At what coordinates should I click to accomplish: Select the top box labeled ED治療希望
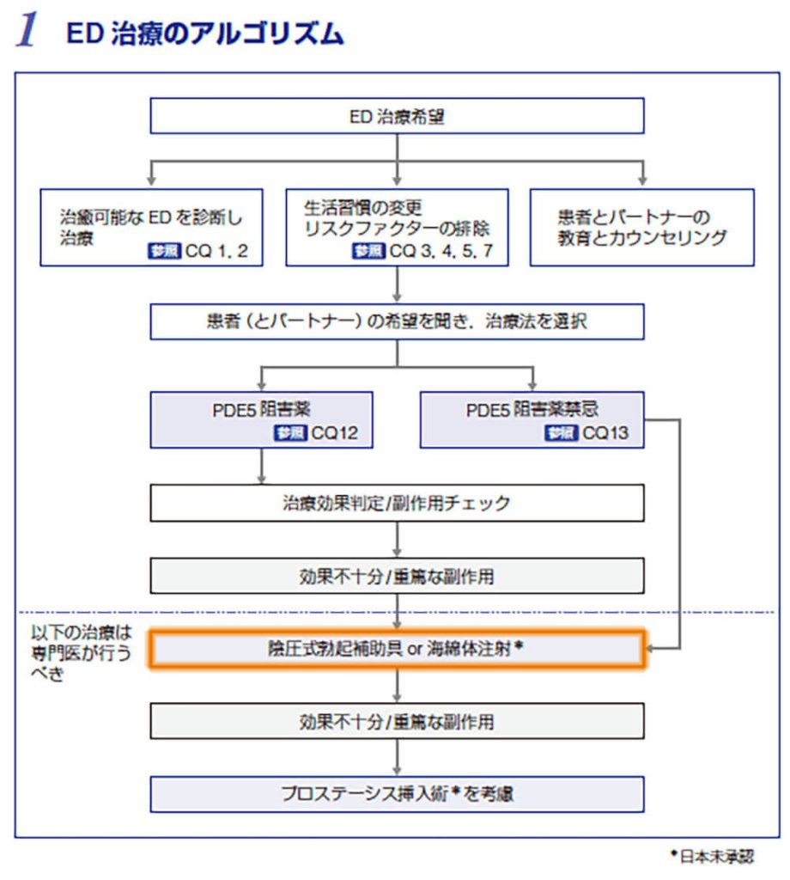(x=397, y=116)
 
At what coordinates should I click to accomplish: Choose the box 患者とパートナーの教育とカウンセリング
(x=641, y=227)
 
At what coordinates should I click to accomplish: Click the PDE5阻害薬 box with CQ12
(x=261, y=419)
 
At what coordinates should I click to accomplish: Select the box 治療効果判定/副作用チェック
(x=397, y=503)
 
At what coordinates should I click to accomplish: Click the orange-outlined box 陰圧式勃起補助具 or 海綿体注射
(x=397, y=650)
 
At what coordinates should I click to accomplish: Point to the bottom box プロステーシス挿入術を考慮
(x=397, y=794)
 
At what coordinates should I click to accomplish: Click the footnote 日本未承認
(x=712, y=856)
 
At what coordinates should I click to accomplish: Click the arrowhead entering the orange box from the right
(x=651, y=650)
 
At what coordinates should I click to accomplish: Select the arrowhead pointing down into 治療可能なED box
(x=151, y=181)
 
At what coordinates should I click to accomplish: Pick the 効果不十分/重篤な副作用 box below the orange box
(x=397, y=722)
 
